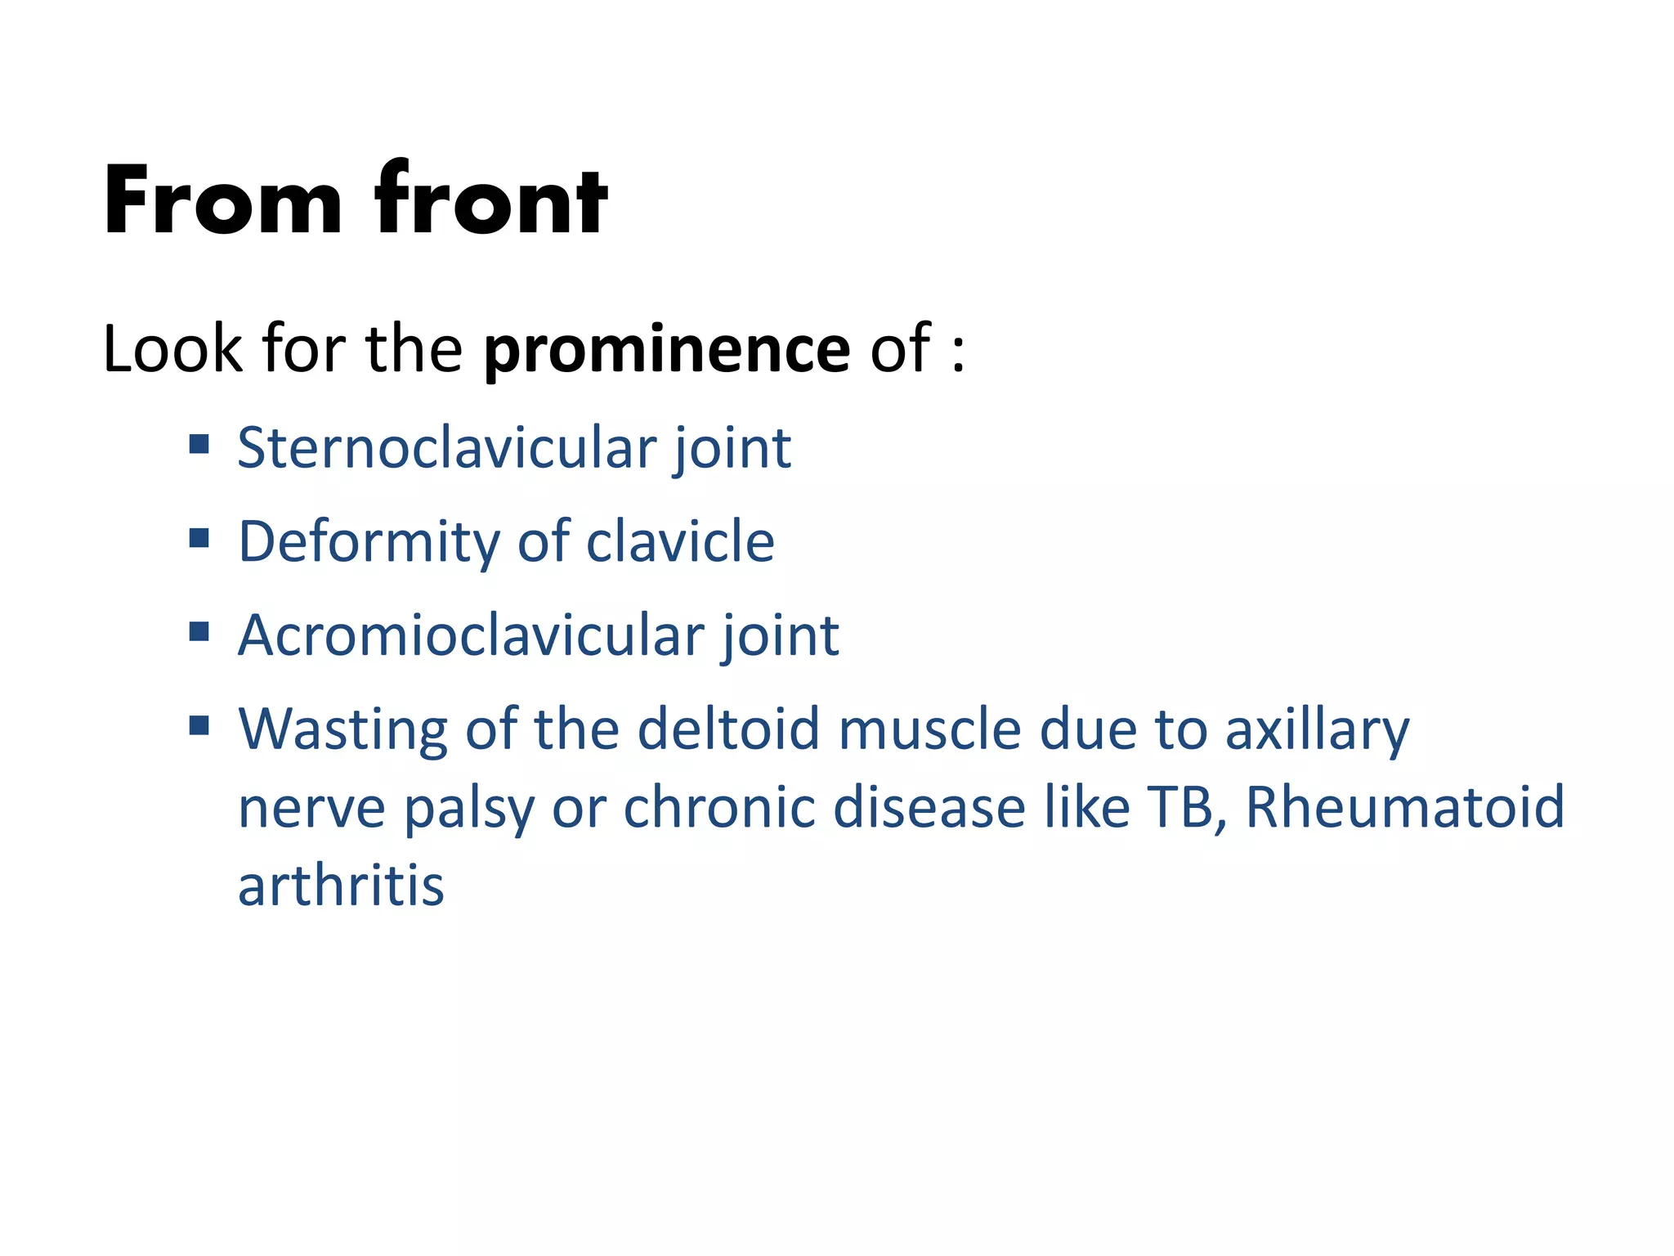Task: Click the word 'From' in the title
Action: [222, 200]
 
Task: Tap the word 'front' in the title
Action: [490, 200]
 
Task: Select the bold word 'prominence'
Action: [667, 350]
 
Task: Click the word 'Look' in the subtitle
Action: [172, 350]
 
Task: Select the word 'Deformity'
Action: [368, 542]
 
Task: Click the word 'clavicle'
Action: [680, 542]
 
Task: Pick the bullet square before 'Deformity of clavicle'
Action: [199, 538]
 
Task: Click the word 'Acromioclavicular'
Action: [471, 635]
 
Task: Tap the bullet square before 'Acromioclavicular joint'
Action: [199, 631]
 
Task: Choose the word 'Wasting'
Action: [342, 729]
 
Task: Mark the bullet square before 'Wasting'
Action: [199, 725]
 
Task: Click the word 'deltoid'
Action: [727, 729]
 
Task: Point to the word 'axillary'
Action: [1317, 730]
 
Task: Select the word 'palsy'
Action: [469, 809]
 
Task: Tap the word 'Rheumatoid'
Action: [1404, 807]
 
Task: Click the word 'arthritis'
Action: [341, 886]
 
